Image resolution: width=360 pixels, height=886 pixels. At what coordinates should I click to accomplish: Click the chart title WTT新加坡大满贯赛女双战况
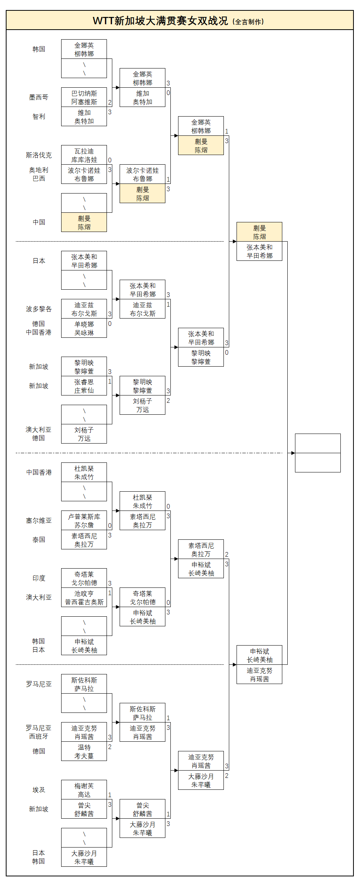(160, 21)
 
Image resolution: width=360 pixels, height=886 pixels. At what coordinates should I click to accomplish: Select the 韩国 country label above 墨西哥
(39, 49)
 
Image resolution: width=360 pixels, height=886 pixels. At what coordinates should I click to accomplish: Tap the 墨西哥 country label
(39, 97)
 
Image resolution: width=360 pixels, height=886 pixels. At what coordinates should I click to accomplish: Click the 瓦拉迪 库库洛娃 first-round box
(84, 155)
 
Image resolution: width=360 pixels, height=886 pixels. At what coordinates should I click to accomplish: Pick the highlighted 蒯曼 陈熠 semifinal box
(259, 232)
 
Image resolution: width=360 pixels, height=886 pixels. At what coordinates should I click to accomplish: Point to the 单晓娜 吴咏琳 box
(84, 328)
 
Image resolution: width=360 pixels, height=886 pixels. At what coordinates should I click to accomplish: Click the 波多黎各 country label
(39, 309)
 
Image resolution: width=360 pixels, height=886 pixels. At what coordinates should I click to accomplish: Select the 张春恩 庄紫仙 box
(84, 386)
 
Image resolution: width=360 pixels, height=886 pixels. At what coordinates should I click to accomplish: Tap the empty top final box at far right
(318, 443)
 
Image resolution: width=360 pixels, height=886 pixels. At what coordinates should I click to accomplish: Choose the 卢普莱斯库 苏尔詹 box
(84, 521)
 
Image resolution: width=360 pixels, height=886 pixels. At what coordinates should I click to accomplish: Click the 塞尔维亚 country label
(39, 521)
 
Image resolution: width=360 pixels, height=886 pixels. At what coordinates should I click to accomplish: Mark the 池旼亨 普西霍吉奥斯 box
(84, 597)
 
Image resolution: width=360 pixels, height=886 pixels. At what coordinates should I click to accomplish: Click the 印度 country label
(39, 578)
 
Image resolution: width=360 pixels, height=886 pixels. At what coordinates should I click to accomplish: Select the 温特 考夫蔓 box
(84, 751)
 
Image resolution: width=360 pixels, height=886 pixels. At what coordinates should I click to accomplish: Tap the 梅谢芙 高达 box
(84, 790)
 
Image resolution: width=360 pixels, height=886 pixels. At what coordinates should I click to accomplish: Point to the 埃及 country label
(39, 790)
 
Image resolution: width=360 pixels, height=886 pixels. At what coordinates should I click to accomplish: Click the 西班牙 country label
(39, 736)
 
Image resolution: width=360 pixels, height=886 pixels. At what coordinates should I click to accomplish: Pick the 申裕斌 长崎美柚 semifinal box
(259, 655)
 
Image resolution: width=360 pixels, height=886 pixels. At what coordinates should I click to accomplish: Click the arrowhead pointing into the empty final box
(293, 453)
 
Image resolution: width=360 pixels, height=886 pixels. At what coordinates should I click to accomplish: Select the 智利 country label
(39, 117)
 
